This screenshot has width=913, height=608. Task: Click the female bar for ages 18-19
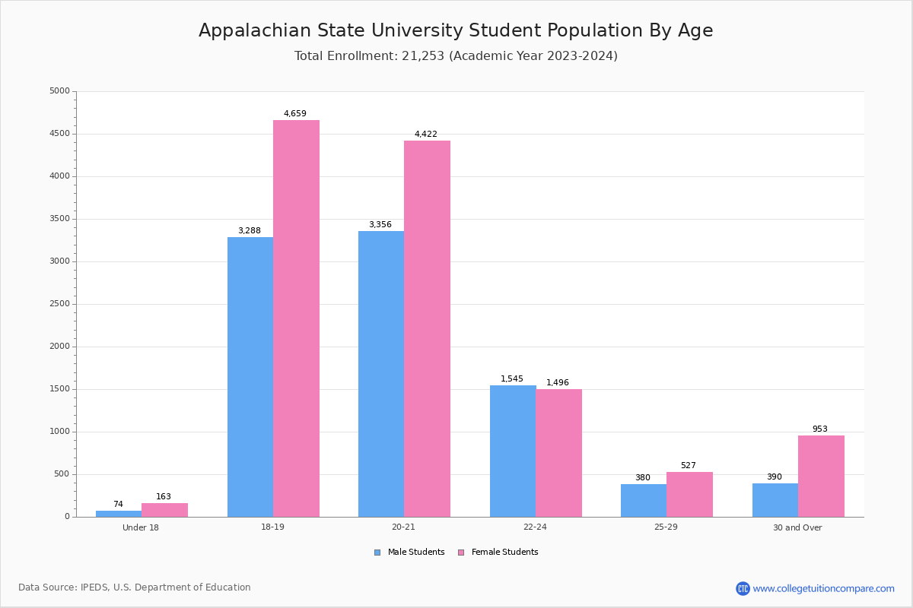pyautogui.click(x=296, y=318)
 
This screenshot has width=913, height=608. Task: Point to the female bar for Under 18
pyautogui.click(x=164, y=510)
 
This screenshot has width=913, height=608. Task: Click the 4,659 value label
pyautogui.click(x=295, y=114)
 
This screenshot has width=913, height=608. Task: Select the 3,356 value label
pyautogui.click(x=380, y=225)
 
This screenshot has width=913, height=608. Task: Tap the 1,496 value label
pyautogui.click(x=558, y=383)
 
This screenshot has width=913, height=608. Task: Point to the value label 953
pyautogui.click(x=819, y=429)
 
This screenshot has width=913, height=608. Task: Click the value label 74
pyautogui.click(x=118, y=505)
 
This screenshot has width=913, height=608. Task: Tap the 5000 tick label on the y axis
pyautogui.click(x=59, y=91)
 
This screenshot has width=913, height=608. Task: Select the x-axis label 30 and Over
pyautogui.click(x=797, y=527)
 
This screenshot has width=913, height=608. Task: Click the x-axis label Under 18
pyautogui.click(x=141, y=527)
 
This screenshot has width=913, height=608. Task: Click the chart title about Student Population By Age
pyautogui.click(x=456, y=30)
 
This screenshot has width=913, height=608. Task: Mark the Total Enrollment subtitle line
pyautogui.click(x=456, y=56)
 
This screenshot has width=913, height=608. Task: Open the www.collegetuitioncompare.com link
pyautogui.click(x=823, y=588)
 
